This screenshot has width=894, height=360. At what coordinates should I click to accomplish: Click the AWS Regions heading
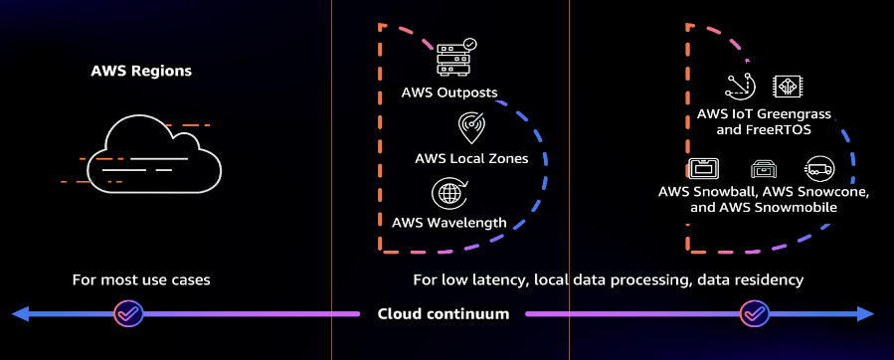tap(141, 72)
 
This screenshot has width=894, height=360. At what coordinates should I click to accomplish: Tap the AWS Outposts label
tap(449, 93)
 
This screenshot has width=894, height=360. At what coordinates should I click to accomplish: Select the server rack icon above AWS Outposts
tap(456, 59)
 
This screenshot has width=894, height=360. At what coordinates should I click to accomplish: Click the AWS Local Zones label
tap(472, 158)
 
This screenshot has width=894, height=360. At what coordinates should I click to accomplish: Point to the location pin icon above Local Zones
tap(472, 127)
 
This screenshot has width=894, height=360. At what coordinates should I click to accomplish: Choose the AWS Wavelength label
tap(449, 222)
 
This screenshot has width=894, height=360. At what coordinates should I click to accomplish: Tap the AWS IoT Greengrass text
tap(764, 114)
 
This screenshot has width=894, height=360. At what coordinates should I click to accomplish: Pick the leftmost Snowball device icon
tap(704, 167)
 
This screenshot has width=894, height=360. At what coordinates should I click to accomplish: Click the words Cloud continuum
tap(444, 314)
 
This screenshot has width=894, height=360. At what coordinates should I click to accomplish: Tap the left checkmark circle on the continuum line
tap(127, 314)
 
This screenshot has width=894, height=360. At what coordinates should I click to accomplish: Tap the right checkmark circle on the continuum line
tap(754, 314)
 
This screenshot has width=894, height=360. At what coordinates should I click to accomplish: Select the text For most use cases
tap(141, 280)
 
